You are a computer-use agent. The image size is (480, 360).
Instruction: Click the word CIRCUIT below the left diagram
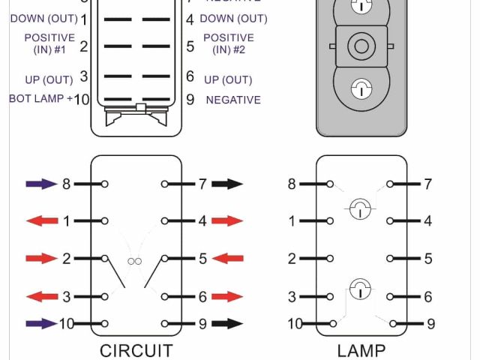(x=136, y=350)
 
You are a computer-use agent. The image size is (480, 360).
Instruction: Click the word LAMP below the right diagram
(x=361, y=350)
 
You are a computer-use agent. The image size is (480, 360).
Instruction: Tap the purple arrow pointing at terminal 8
(x=41, y=184)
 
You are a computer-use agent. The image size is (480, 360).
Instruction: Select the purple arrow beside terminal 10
(x=41, y=324)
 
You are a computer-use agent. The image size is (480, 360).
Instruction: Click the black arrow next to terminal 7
(x=227, y=184)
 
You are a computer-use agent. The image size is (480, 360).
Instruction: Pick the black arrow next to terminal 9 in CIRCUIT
(x=227, y=324)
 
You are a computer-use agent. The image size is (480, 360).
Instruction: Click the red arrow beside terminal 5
(x=227, y=259)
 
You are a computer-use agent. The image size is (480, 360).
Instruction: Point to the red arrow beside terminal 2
(x=41, y=259)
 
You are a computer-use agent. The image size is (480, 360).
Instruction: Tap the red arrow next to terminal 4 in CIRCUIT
(x=227, y=221)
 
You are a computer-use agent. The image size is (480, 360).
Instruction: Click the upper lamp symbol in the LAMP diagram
(x=361, y=208)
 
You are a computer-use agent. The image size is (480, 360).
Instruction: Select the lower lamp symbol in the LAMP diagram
(x=361, y=286)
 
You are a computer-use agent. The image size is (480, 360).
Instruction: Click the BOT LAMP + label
(x=41, y=99)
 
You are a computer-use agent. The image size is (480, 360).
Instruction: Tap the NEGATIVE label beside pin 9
(x=233, y=100)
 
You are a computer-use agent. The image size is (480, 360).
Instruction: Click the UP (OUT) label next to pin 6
(x=228, y=79)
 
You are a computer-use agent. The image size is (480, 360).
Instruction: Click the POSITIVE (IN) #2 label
(x=229, y=43)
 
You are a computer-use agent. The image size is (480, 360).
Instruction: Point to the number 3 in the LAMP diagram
(x=292, y=297)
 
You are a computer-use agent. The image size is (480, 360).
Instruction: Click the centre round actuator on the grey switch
(x=361, y=46)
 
